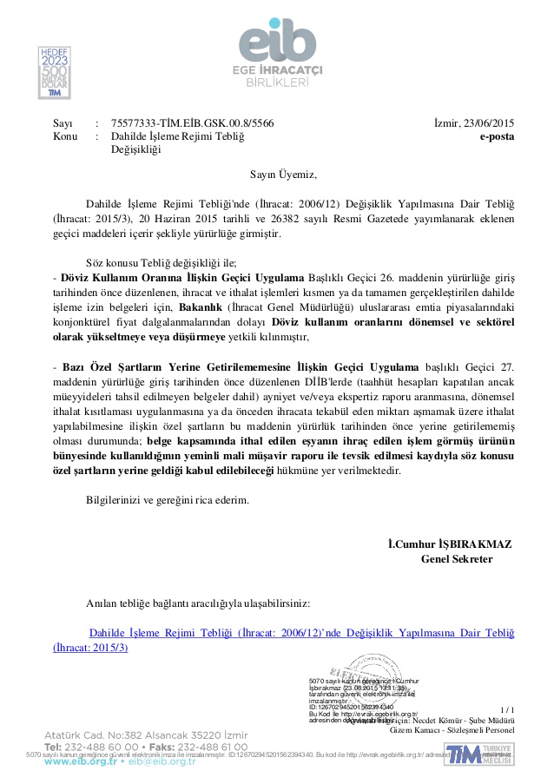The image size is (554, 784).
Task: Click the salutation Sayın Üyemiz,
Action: (x=278, y=174)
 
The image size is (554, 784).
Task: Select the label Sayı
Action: (x=63, y=123)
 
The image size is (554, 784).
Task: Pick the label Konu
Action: (x=65, y=136)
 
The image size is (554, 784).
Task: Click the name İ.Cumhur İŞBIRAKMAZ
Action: (x=450, y=544)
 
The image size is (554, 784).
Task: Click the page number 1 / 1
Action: (x=508, y=709)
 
